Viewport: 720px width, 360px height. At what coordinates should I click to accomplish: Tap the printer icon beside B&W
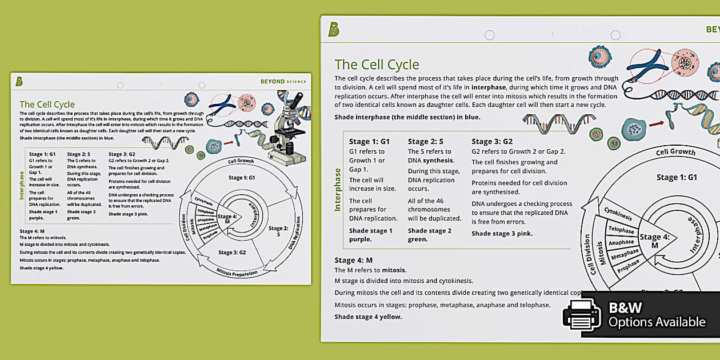582,315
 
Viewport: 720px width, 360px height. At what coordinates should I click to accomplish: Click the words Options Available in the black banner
657,322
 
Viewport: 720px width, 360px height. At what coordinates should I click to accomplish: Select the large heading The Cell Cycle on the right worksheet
377,65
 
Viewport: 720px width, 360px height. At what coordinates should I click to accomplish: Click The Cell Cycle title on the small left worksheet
47,105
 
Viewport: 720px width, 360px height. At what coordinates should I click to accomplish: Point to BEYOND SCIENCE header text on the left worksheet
283,82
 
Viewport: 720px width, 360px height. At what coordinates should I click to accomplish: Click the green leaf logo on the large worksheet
334,30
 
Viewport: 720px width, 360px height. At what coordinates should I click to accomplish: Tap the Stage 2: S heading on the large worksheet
426,141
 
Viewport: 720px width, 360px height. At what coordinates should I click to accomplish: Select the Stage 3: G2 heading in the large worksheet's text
492,141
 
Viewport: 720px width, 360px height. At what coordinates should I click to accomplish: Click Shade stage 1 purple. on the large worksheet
371,235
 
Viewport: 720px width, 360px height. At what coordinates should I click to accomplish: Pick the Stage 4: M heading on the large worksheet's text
353,261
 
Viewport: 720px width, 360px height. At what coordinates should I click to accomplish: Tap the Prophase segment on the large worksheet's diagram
629,265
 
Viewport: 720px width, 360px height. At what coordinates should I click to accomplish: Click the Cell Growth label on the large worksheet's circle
675,152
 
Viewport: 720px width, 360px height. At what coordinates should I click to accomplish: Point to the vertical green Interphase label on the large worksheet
337,189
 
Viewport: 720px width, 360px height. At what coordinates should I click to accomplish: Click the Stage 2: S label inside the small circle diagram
278,231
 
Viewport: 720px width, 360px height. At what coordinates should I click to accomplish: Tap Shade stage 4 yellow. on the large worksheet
368,317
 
